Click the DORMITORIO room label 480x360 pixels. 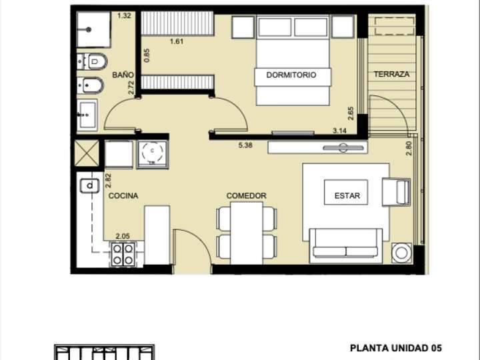[x=291, y=75]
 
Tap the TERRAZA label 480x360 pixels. [x=391, y=74]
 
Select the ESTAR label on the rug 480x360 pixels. [x=347, y=196]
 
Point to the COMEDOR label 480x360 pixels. [x=246, y=196]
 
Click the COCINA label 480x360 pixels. [x=123, y=196]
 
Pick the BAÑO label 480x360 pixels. [x=121, y=75]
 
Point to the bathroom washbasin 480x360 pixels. [x=87, y=115]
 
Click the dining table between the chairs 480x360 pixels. [x=246, y=230]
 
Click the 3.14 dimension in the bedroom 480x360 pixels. [x=341, y=131]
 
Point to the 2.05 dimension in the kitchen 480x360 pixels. [x=123, y=236]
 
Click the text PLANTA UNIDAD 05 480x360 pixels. [x=396, y=348]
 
